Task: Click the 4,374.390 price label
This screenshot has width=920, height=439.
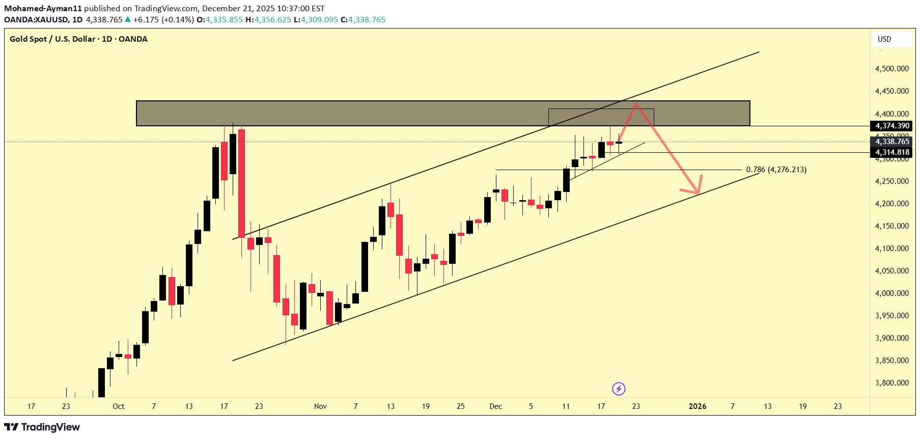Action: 892,126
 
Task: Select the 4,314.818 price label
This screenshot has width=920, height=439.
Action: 892,152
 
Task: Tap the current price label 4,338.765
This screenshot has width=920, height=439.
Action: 892,142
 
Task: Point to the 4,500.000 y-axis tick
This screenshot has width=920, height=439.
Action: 891,69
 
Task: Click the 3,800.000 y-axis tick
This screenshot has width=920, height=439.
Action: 891,383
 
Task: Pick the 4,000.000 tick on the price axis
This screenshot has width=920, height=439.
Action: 891,293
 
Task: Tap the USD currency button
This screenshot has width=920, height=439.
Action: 884,39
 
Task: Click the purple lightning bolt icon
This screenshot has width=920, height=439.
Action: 619,389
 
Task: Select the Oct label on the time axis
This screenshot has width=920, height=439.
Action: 119,406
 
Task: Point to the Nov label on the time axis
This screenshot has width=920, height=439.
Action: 320,406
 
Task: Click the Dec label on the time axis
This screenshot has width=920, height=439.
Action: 495,406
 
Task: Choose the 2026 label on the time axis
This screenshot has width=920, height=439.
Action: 698,406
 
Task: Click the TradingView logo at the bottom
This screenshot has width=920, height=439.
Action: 42,427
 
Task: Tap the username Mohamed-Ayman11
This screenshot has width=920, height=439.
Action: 43,8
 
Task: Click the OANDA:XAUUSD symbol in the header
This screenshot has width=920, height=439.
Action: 37,20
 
